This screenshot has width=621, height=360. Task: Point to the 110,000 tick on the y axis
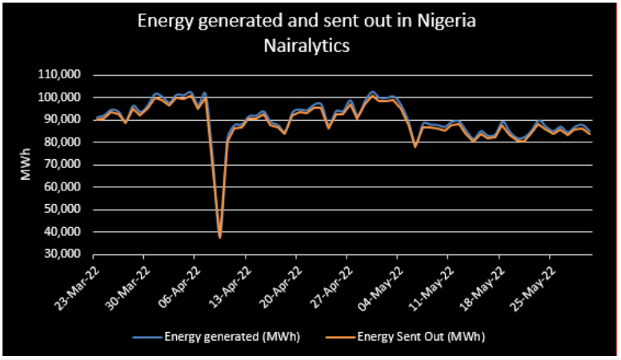pos(66,75)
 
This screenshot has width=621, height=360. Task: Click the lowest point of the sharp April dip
pos(219,238)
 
